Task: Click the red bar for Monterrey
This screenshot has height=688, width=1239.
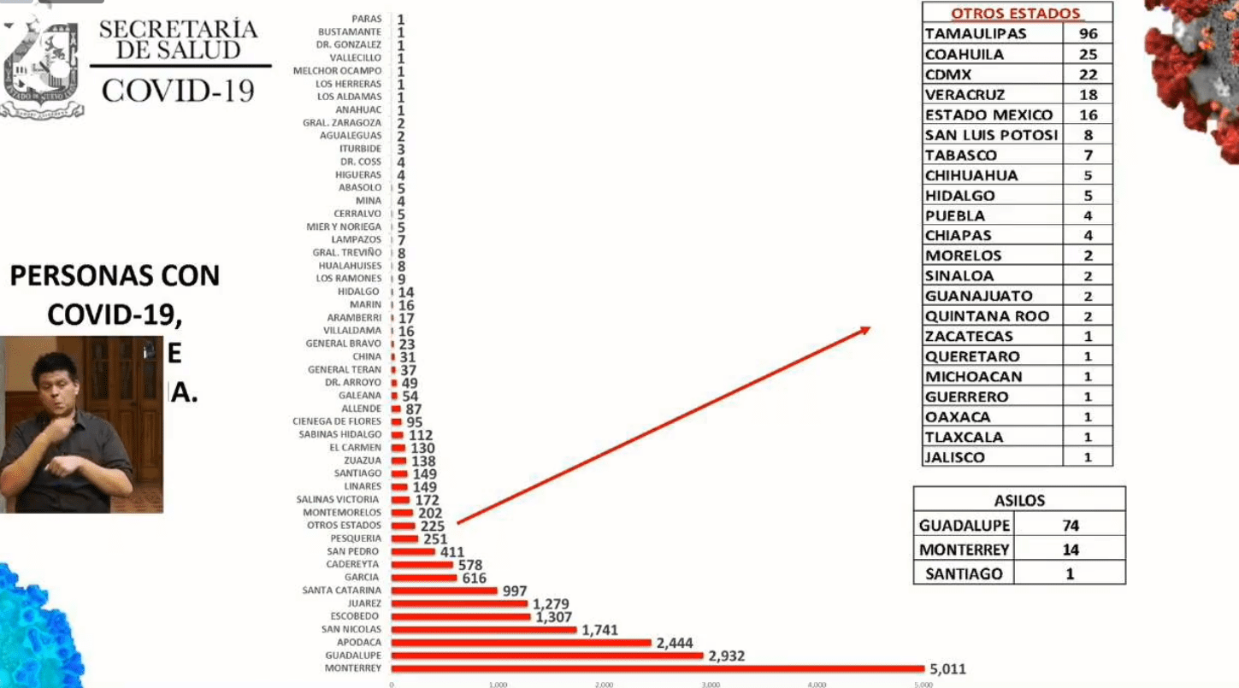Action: [x=658, y=668]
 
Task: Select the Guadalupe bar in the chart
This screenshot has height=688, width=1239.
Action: [x=547, y=656]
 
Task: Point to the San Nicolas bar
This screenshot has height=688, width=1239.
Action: [x=484, y=630]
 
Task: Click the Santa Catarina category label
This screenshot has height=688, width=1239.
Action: [x=341, y=591]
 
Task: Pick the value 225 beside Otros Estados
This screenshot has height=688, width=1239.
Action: [x=432, y=526]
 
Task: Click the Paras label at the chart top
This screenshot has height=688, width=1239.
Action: [x=366, y=19]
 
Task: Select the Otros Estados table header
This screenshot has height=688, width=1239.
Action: [x=1016, y=14]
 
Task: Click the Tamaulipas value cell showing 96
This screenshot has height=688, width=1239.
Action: [x=1088, y=34]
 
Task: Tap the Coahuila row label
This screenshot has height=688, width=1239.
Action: [x=965, y=55]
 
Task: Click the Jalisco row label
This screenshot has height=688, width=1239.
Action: [x=955, y=457]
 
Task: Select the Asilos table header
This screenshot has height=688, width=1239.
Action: [x=1019, y=501]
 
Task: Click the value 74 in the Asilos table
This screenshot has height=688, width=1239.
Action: [x=1070, y=526]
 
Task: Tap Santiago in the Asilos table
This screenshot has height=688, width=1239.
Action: [x=964, y=573]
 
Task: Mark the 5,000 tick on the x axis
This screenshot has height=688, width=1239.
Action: [x=923, y=684]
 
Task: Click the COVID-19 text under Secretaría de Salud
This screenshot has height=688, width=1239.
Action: [x=178, y=90]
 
